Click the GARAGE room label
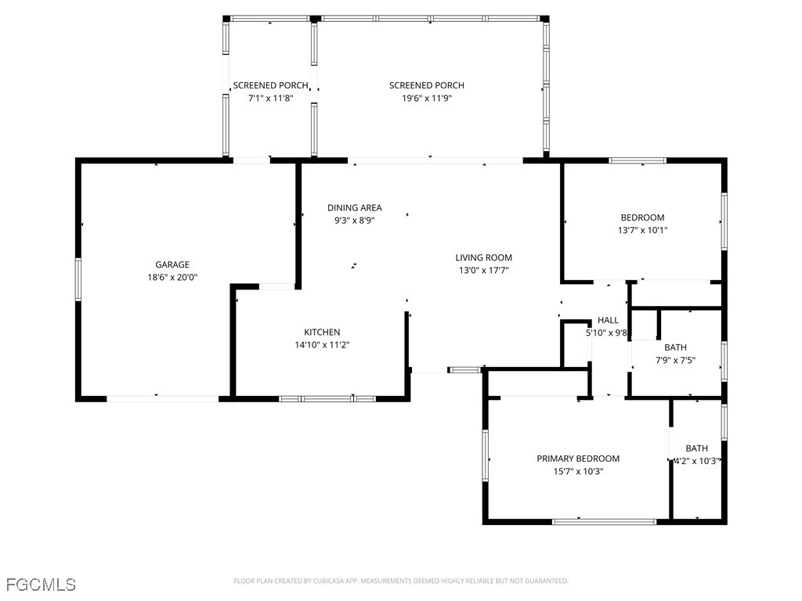click(172, 265)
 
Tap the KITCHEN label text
click(322, 332)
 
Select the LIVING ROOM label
click(484, 257)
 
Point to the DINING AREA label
click(355, 207)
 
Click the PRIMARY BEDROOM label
click(578, 459)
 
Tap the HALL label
click(608, 320)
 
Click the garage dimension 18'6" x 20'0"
click(172, 278)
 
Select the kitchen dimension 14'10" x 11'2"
click(322, 345)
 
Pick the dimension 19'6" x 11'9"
click(427, 98)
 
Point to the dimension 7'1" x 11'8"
click(270, 98)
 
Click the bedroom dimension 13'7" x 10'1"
click(642, 230)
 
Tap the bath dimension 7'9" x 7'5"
click(675, 360)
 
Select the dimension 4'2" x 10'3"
click(697, 461)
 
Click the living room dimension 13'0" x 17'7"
click(484, 270)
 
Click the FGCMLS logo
click(41, 584)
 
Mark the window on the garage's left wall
click(78, 279)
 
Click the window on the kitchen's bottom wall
click(327, 398)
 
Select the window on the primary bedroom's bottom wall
click(605, 522)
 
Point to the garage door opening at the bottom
click(163, 398)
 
